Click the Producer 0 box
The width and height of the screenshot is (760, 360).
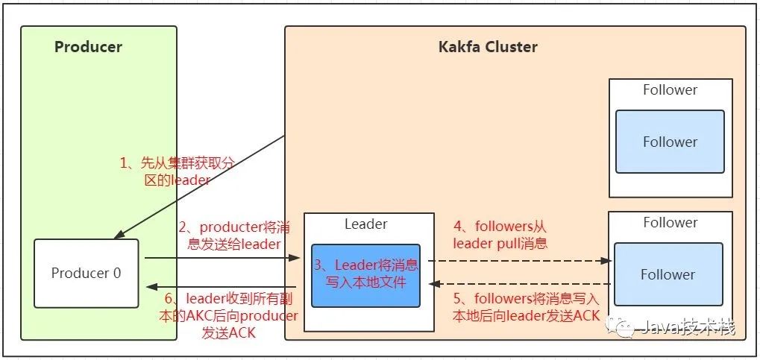tap(87, 274)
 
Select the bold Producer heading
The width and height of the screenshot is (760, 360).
tap(88, 47)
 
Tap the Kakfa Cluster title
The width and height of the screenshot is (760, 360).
tap(488, 47)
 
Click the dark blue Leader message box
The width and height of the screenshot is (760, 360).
tap(365, 275)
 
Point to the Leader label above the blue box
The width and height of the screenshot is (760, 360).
tap(366, 224)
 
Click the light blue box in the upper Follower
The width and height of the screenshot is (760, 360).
tap(670, 142)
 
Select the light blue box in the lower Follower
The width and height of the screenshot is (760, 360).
tap(668, 275)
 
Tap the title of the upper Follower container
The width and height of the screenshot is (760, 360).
tap(671, 89)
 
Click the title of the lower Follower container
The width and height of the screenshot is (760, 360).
tap(671, 222)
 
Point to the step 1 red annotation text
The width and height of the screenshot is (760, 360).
tap(177, 171)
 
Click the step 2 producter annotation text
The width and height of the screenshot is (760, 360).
tap(235, 236)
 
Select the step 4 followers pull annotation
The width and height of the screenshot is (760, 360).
tap(500, 235)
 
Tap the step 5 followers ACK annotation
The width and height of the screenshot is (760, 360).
tap(526, 307)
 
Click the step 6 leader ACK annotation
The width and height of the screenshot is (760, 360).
tap(227, 315)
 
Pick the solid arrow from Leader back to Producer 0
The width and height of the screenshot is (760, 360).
tap(222, 287)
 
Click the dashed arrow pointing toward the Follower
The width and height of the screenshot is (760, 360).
tap(520, 261)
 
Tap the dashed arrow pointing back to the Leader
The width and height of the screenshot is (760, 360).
tap(521, 283)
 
